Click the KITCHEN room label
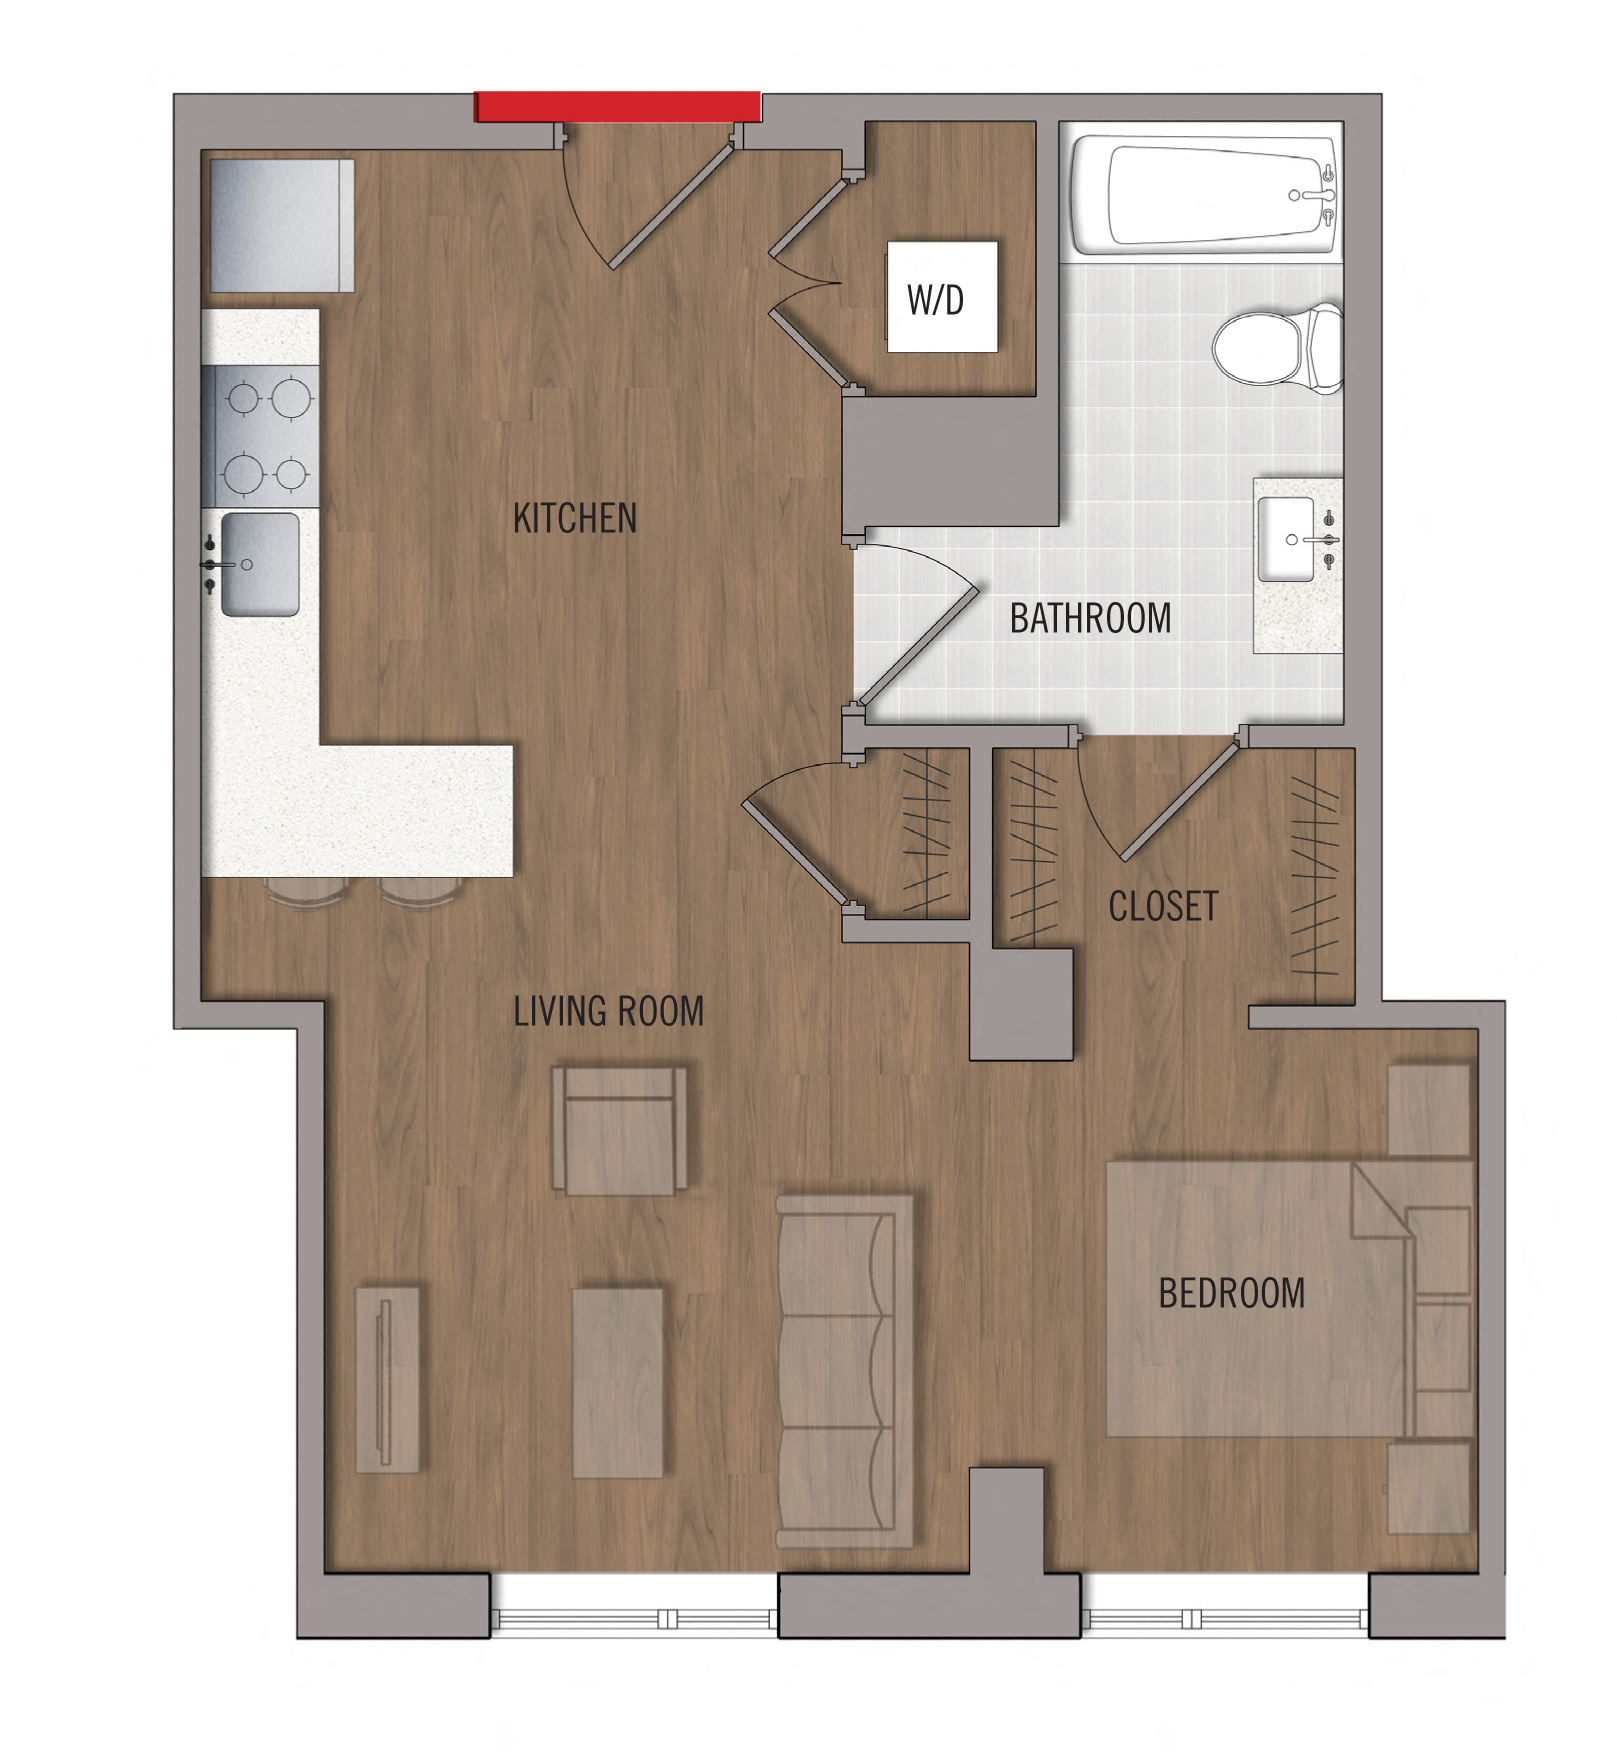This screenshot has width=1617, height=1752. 575,518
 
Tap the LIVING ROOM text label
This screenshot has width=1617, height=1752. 609,1011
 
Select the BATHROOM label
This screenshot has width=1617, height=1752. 1090,618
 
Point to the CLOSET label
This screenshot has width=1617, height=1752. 1163,906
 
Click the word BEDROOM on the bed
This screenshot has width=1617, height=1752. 1232,1293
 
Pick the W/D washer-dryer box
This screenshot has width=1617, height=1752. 942,297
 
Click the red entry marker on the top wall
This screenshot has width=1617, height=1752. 618,106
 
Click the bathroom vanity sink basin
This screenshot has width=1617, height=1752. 1286,540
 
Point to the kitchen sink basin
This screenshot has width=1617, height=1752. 260,564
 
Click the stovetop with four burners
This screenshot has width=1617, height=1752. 261,436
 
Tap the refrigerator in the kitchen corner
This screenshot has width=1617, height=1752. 282,225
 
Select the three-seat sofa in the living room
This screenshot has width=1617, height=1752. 845,1371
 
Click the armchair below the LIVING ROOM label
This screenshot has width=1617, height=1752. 620,1131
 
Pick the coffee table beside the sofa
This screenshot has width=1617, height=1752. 618,1382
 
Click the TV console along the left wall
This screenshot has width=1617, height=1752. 388,1379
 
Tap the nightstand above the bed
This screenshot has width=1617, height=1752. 1430,1110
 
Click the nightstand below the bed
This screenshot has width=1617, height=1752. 1430,1488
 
